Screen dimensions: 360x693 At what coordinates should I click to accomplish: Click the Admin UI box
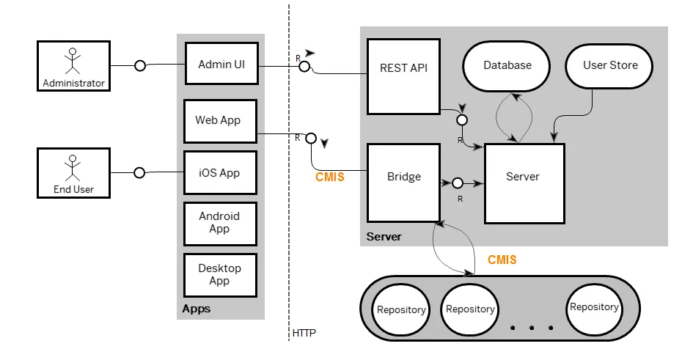221,65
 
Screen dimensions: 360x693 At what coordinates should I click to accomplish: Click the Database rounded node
507,65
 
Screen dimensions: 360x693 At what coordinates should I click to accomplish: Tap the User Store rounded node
610,65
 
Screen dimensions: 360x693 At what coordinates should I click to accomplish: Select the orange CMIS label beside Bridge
329,177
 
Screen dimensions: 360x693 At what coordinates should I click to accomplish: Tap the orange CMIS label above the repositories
502,260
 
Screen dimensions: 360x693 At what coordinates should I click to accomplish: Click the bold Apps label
196,309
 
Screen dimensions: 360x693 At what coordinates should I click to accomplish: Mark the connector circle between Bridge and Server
458,183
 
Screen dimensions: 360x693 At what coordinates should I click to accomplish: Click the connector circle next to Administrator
139,66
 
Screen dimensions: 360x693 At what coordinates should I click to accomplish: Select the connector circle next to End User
139,173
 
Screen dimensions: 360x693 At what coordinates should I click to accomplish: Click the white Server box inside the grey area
524,183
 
